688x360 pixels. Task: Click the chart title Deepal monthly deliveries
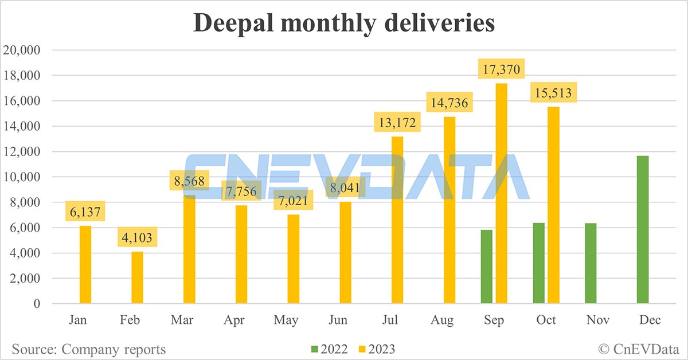(343, 24)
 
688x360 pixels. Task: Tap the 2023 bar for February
(137, 277)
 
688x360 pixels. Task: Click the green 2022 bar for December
(643, 229)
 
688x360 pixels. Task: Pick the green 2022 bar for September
(487, 267)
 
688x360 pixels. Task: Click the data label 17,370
(502, 69)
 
